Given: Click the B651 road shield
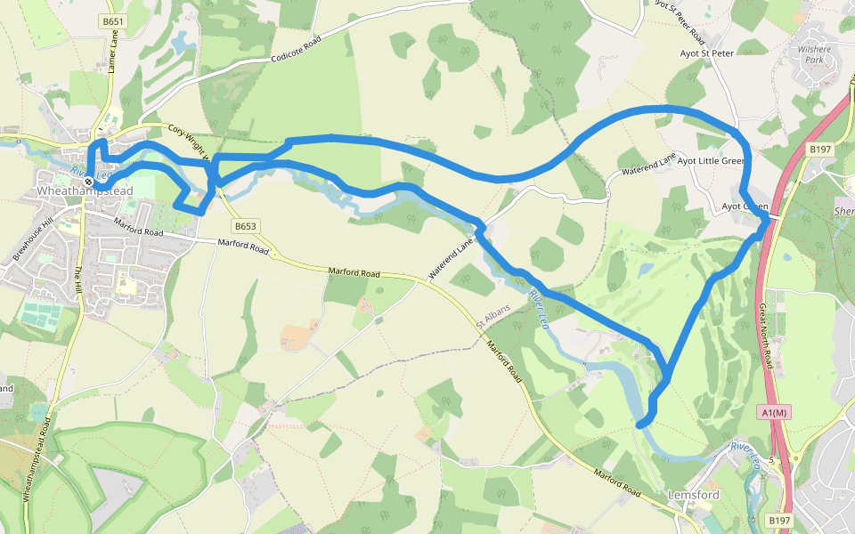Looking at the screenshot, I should [111, 20].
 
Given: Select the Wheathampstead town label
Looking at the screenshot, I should [85, 191].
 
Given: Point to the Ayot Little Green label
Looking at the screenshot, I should [710, 161].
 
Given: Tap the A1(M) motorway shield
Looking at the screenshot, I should [774, 412].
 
